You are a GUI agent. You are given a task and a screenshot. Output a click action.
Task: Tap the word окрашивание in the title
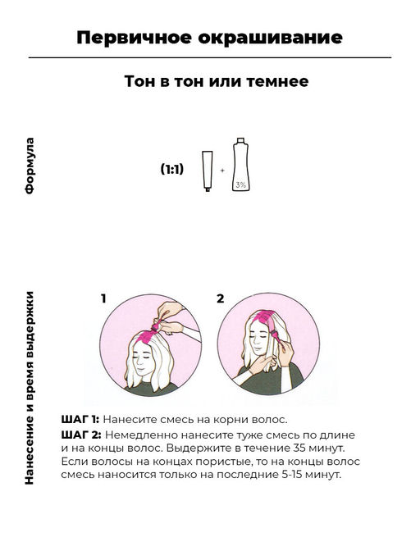tap(271, 39)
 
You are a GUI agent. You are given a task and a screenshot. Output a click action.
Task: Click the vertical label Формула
tap(30, 166)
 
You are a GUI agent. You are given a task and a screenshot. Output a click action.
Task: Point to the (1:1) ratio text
tap(172, 169)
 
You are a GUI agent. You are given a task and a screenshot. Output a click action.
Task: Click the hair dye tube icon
tap(208, 171)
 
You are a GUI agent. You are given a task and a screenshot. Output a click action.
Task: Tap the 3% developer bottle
tap(240, 165)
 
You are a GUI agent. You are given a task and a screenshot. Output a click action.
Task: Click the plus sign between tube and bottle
tap(222, 171)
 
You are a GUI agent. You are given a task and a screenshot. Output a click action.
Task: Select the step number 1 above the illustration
tap(103, 298)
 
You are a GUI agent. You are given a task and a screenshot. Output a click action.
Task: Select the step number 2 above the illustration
tap(221, 298)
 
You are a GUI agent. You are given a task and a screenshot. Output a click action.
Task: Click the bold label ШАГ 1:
tap(80, 419)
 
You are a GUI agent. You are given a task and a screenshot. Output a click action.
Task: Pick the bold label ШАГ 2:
tap(81, 435)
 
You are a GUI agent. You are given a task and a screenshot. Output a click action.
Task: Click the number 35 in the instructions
tap(300, 448)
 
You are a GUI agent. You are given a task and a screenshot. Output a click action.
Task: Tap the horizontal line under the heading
tap(210, 57)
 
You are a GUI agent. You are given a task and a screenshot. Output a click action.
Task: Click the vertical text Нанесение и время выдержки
tap(30, 388)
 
